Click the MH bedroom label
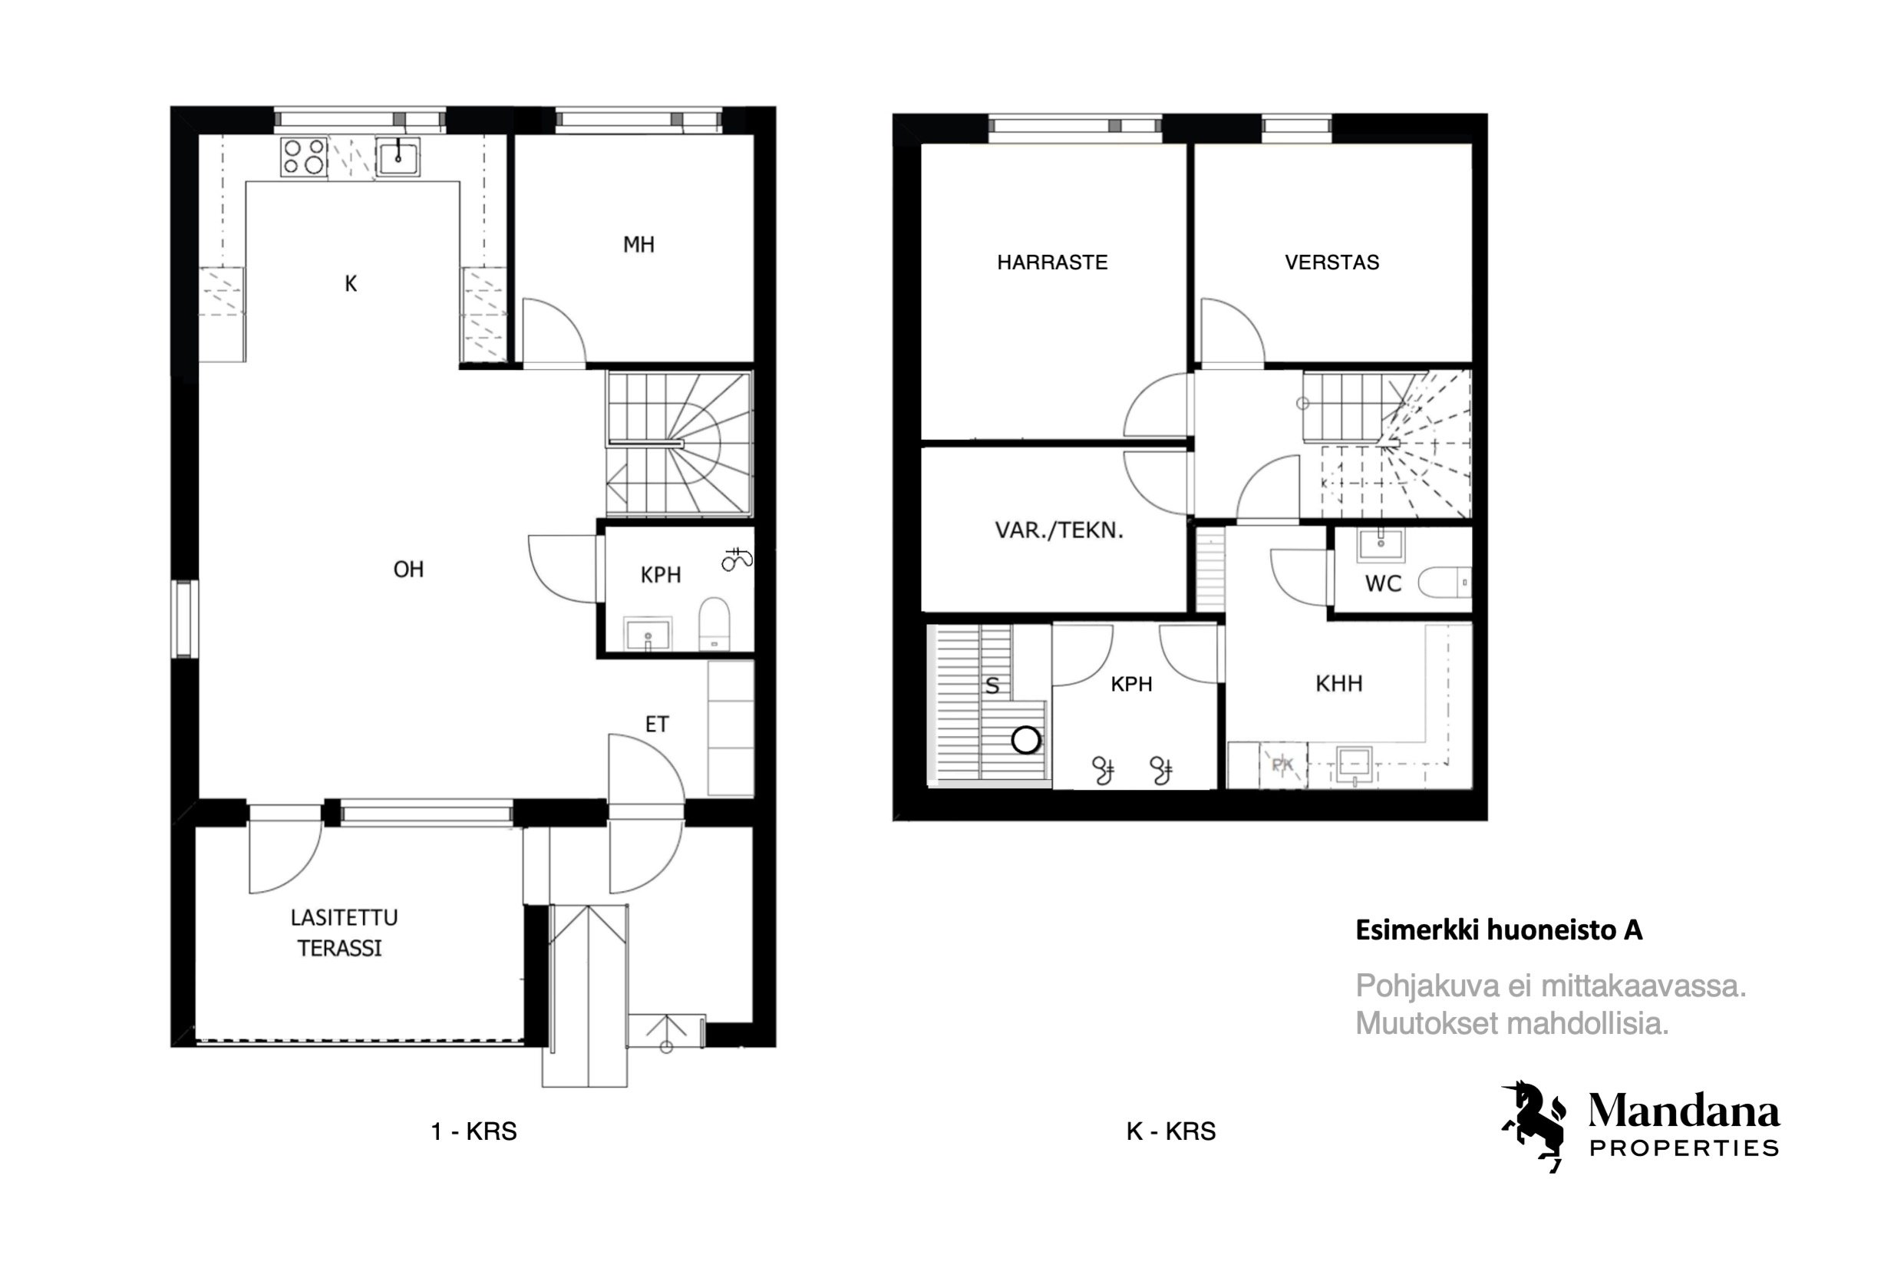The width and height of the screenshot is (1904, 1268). [638, 244]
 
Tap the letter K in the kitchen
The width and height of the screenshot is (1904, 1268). [350, 284]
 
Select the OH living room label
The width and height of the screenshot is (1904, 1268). [408, 570]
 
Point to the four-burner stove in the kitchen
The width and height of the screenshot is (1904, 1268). [304, 157]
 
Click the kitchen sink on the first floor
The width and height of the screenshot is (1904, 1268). [398, 157]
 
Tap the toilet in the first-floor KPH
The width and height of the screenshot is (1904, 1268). [714, 623]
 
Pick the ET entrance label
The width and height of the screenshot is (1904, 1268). [656, 725]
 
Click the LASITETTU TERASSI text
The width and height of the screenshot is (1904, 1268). [343, 933]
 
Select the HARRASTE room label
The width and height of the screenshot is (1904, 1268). [1052, 262]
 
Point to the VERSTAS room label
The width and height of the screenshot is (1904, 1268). [1331, 262]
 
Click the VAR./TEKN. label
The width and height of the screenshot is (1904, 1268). [1058, 530]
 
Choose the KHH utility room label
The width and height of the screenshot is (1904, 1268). [1339, 684]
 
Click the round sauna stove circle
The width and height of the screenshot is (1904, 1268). [1026, 740]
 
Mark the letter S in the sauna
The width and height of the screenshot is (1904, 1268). [992, 686]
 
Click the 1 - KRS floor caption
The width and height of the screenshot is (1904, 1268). [474, 1131]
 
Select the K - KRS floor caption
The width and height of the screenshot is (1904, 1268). [1170, 1131]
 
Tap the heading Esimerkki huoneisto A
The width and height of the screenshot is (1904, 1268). [1499, 931]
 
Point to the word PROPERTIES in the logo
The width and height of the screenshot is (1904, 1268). [1684, 1148]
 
